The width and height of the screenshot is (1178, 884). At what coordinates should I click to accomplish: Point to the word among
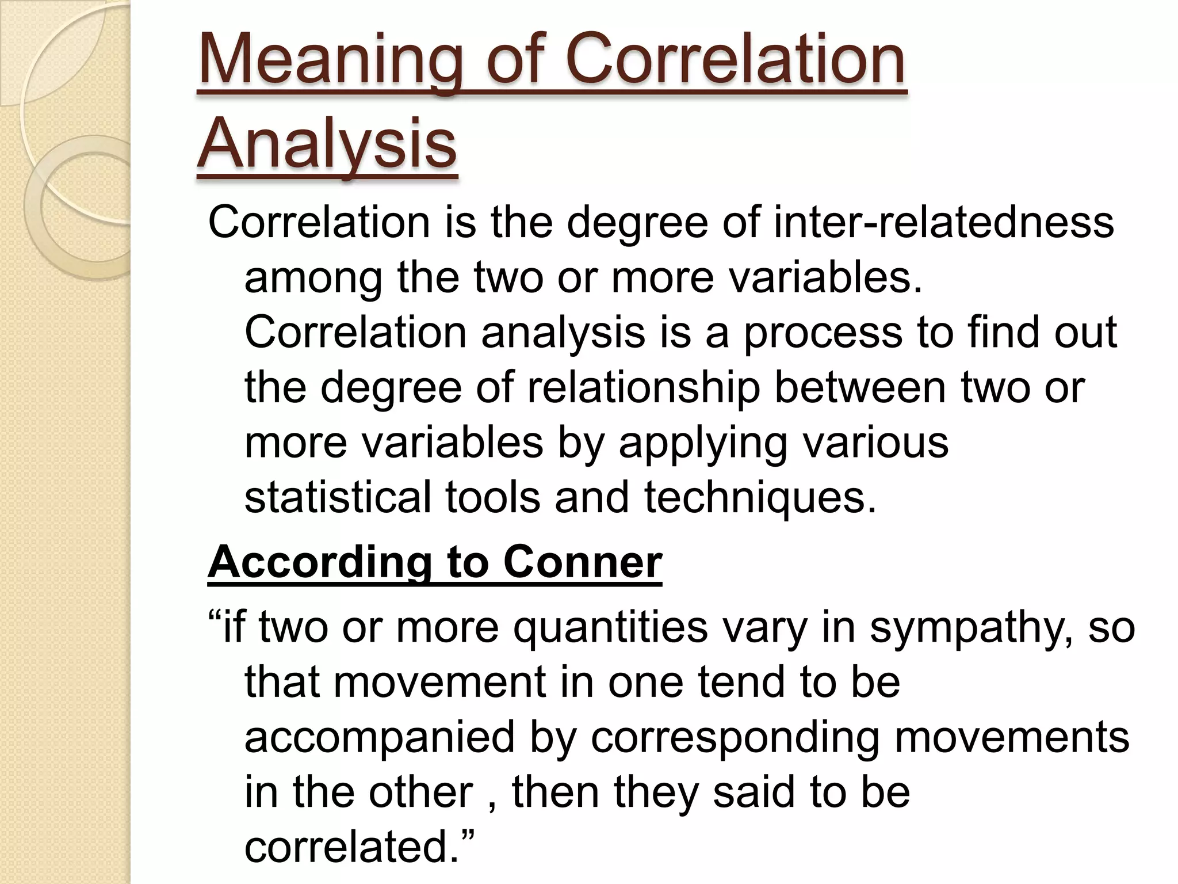[313, 277]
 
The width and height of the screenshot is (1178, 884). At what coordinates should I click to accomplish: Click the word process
[823, 333]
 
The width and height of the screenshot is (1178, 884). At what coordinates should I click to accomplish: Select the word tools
[492, 497]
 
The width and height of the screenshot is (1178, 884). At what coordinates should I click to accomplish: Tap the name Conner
[583, 562]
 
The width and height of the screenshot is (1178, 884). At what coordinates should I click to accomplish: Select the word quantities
[610, 627]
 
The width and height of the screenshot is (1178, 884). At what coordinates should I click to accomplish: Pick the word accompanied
[379, 738]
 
